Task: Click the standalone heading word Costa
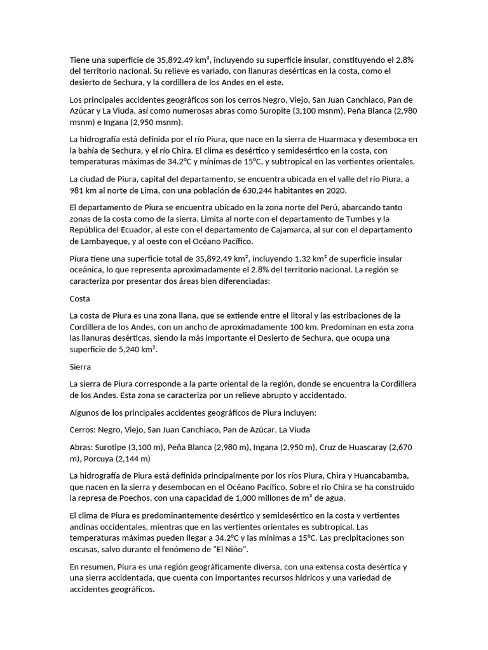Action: (79, 298)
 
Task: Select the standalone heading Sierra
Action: (80, 366)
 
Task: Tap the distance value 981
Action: (77, 190)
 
